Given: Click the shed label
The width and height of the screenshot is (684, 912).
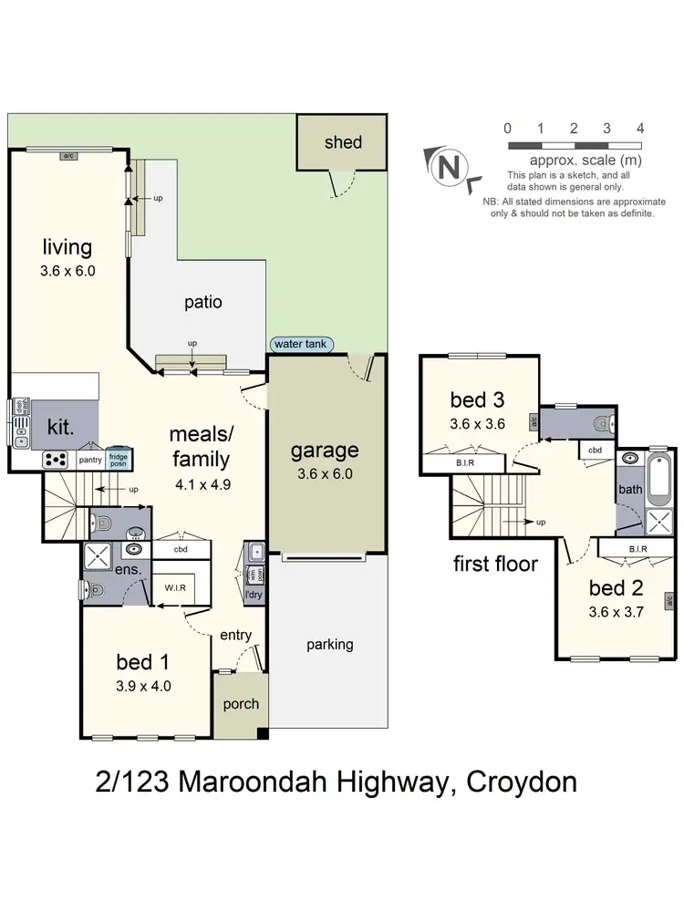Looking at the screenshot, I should [343, 142].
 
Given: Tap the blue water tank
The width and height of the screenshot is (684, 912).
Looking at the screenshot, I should [302, 345].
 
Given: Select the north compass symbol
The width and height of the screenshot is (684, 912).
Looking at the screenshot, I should [448, 167].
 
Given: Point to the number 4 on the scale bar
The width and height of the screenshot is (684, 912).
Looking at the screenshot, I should [640, 129].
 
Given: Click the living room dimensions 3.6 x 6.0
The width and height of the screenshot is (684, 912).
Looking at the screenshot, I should [67, 270].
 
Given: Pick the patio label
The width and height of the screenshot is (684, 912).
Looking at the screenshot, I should [202, 303].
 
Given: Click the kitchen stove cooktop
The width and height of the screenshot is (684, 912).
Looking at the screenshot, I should [56, 459].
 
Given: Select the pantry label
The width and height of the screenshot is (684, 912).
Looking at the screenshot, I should [90, 460].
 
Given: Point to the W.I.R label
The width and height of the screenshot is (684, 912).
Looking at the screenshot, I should [175, 587].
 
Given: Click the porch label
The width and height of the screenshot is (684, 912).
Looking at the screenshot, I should [241, 703].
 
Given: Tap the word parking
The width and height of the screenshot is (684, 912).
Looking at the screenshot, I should [329, 644].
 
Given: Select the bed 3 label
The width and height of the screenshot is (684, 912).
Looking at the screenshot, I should [478, 399].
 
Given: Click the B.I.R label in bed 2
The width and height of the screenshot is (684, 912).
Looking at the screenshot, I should [637, 549].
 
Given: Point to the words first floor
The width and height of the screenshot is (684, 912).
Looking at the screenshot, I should [495, 564].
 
